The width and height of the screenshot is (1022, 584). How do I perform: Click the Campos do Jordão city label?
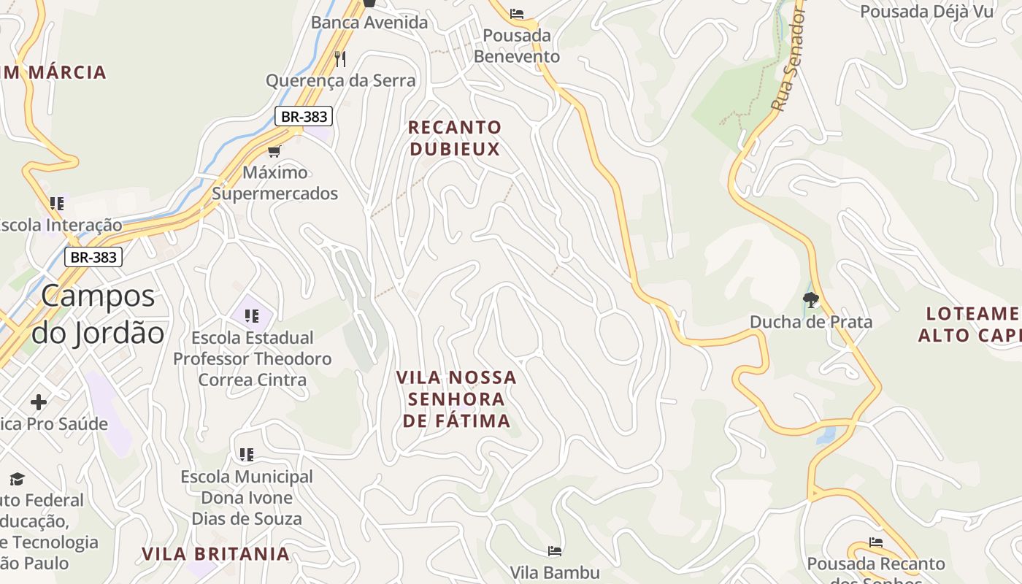click(98, 314)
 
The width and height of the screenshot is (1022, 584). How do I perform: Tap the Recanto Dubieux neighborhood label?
click(455, 138)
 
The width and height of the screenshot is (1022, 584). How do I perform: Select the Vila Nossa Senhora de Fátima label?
click(456, 399)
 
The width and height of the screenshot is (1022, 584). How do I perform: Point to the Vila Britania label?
click(216, 553)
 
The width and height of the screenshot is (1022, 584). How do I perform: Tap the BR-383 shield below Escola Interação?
click(93, 257)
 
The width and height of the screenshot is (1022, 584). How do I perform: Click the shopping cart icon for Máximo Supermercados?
click(274, 151)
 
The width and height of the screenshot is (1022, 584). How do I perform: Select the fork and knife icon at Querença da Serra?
click(340, 58)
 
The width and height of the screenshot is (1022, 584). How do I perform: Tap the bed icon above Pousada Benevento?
click(517, 13)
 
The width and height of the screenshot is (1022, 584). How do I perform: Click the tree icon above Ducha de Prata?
click(810, 299)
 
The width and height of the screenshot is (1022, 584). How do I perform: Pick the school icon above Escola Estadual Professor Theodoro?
click(252, 316)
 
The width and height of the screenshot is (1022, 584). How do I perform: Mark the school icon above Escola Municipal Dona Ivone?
click(247, 455)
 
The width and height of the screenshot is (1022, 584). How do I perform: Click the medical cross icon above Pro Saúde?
click(39, 402)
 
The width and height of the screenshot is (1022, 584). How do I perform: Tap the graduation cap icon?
click(17, 479)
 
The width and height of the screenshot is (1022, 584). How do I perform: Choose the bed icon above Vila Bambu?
click(555, 550)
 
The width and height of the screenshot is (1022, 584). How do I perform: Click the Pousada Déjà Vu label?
click(927, 11)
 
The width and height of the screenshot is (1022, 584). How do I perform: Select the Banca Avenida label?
click(369, 22)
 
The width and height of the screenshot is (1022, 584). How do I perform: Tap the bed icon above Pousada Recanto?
click(876, 542)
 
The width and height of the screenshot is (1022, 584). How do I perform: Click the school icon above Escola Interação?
click(57, 203)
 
